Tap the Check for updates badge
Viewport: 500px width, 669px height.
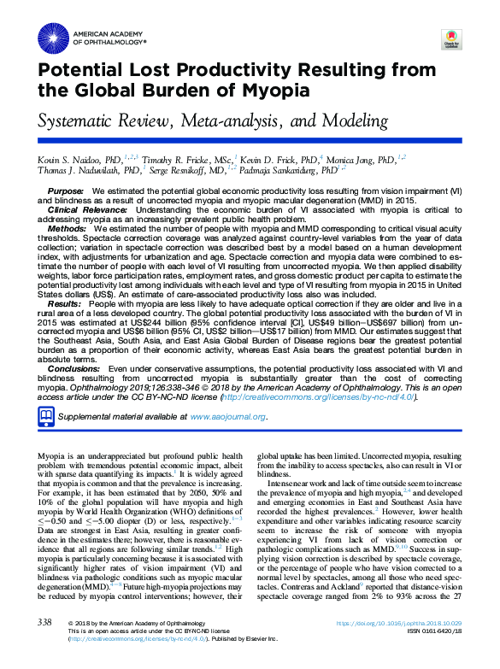pos(450,39)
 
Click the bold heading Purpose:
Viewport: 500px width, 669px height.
pos(66,191)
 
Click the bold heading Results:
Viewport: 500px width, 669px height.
pos(65,303)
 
